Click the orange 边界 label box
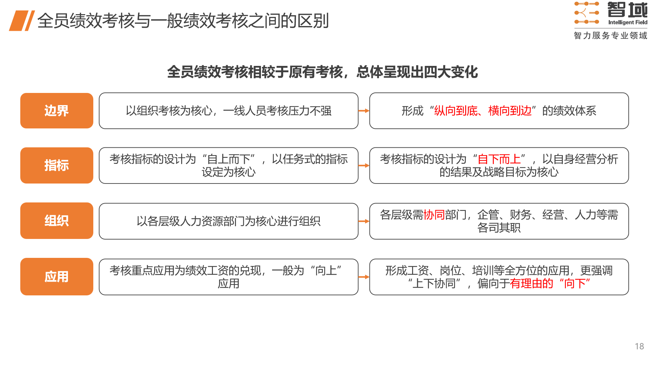57,111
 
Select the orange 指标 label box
57,165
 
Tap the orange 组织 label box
57,221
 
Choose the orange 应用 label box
57,276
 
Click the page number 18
639,346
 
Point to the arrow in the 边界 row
364,111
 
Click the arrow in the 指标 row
364,165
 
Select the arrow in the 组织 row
364,221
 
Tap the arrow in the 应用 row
364,277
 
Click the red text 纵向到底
456,111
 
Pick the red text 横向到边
510,111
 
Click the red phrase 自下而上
499,159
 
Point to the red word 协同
434,215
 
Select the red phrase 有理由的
531,284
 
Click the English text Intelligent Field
628,22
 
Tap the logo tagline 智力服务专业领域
610,35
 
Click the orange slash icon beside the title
22,21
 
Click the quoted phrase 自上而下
229,159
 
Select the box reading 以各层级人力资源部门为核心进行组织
229,221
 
